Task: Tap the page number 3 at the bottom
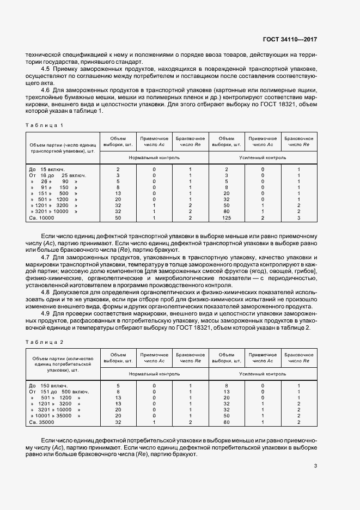click(x=316, y=466)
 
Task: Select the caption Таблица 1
click(x=45, y=125)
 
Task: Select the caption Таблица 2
click(x=45, y=342)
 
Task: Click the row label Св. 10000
click(x=41, y=217)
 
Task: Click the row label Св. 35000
click(x=41, y=422)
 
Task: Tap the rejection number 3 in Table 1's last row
click(x=299, y=217)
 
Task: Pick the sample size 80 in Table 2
click(x=227, y=422)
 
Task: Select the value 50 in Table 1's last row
click(x=118, y=217)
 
